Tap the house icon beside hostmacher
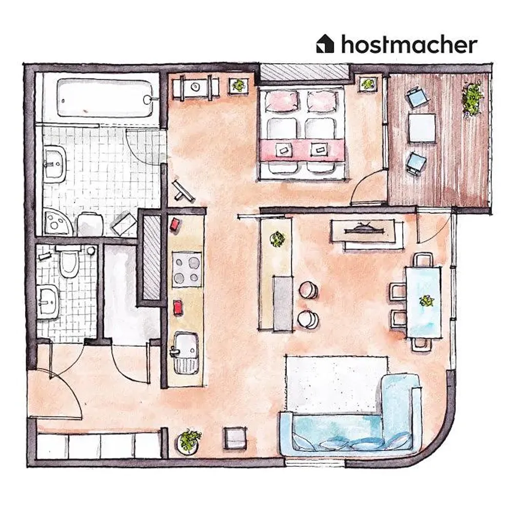point(325,44)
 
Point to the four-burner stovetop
point(187,269)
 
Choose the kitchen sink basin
point(186,353)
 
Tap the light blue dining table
point(423,302)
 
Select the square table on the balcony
point(422,128)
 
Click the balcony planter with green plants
point(472,98)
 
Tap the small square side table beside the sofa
point(235,438)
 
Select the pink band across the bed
point(302,150)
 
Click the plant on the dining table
point(426,300)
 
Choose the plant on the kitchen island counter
point(278,239)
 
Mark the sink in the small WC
point(48,301)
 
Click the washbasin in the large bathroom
point(55,163)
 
